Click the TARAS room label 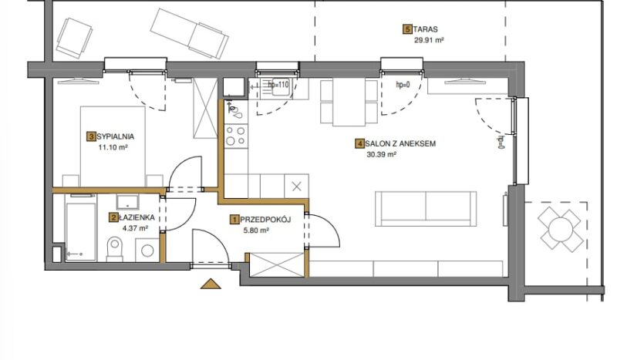coord(426,29)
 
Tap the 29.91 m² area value coord(430,40)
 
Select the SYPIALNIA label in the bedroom coord(116,136)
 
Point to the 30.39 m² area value coord(381,155)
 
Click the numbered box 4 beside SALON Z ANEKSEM coord(359,143)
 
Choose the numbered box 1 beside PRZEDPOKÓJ coord(234,220)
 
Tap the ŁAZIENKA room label coord(137,217)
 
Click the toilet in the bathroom coord(115,249)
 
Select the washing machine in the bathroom coord(147,250)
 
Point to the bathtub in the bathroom coord(80,227)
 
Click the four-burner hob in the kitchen coord(236,136)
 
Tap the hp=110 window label coord(278,85)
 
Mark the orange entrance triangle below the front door coord(211,284)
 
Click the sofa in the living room coord(426,209)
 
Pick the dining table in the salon coord(349,103)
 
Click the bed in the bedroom coord(113,146)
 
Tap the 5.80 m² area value coord(256,230)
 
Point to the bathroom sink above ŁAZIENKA coord(128,201)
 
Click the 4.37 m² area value coord(135,229)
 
